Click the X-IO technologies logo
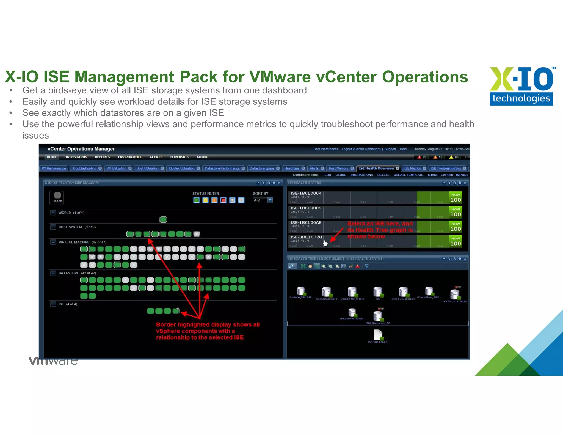(521, 86)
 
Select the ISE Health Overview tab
(376, 168)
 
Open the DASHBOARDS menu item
(76, 157)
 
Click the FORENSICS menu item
(179, 157)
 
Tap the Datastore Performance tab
(222, 168)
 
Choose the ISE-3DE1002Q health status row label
(306, 237)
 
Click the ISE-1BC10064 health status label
(306, 193)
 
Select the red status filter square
(223, 200)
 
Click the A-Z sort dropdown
(263, 200)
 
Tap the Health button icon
(57, 197)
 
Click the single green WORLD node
(163, 219)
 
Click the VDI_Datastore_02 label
(378, 323)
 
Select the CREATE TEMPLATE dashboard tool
(408, 175)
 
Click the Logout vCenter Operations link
(361, 149)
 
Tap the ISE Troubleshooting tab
(446, 168)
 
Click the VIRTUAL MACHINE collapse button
(53, 242)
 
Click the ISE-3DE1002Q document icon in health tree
(378, 335)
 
